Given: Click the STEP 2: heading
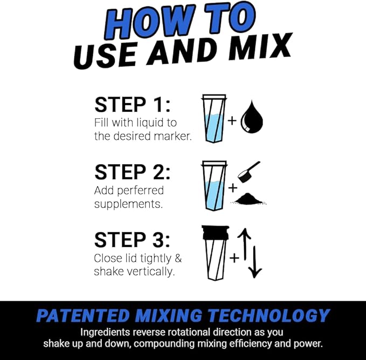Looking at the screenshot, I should coord(132,172).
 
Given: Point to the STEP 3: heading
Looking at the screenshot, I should coord(133,240).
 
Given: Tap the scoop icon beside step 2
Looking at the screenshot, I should coord(249,171).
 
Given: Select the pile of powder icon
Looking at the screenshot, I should coord(249,199).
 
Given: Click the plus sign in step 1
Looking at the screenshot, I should coord(232,120).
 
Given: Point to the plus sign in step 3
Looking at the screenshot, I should coord(234,258).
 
